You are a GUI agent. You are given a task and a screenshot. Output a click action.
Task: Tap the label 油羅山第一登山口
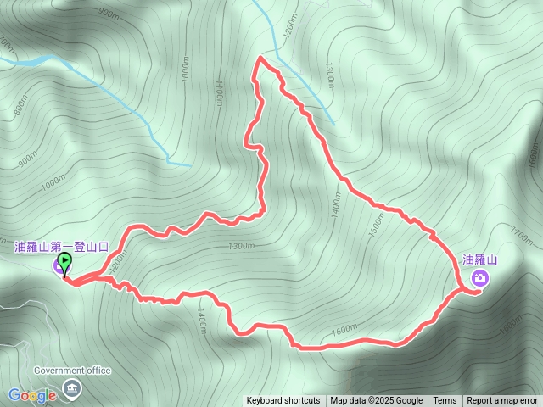tap(61, 247)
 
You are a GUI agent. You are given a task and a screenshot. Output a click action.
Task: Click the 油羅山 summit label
tap(479, 259)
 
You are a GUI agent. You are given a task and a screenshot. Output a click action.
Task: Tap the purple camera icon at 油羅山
tap(480, 278)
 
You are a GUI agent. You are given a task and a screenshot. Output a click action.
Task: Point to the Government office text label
tap(72, 371)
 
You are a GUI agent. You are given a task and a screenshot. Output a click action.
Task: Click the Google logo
tap(32, 395)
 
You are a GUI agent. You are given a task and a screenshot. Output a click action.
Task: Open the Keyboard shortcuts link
tap(283, 401)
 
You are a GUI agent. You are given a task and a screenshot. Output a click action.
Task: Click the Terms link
tap(445, 401)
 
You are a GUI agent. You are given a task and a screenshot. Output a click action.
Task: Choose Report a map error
tap(504, 401)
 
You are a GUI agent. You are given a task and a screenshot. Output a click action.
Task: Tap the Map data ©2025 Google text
tap(377, 401)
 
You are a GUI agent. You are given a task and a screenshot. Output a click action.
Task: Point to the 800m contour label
tap(18, 107)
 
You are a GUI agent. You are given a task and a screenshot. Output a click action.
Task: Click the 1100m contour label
tap(219, 90)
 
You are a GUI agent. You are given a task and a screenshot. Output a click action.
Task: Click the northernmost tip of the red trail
tap(259, 57)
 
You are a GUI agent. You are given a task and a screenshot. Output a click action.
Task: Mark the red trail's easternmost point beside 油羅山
tap(481, 292)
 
